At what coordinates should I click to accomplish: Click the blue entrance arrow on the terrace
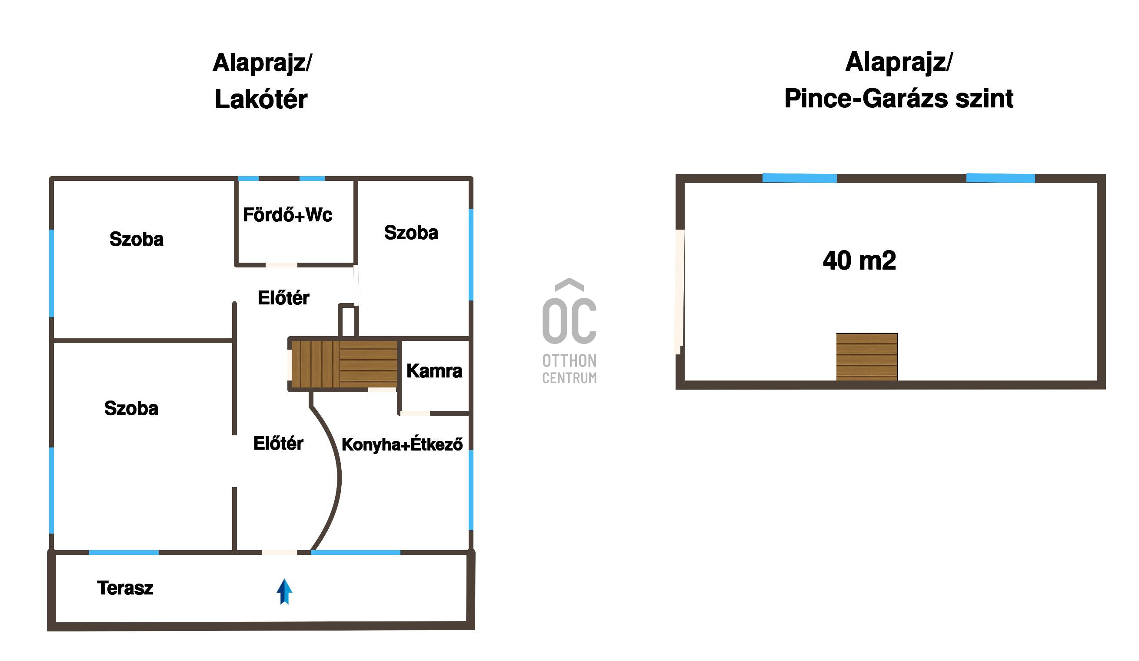tap(284, 591)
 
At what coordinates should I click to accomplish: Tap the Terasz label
tap(125, 588)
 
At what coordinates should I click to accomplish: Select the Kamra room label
tap(434, 371)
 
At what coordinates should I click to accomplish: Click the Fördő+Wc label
tap(287, 215)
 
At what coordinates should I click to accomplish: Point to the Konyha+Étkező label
tap(402, 444)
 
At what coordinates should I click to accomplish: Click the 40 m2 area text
tap(859, 260)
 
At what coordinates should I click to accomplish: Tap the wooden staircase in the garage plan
tap(866, 357)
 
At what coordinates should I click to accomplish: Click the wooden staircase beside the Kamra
tap(344, 364)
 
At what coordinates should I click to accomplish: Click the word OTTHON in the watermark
tap(569, 361)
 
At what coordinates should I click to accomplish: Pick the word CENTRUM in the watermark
tap(569, 377)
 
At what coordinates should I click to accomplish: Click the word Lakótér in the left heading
tap(261, 99)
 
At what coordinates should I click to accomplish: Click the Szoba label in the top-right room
tap(411, 233)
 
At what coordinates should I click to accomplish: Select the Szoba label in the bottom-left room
tap(131, 408)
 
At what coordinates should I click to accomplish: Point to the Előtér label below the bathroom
tap(283, 298)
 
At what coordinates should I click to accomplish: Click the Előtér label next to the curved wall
tap(278, 444)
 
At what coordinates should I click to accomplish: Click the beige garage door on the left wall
tap(679, 292)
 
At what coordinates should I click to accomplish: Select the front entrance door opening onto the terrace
tap(280, 552)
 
